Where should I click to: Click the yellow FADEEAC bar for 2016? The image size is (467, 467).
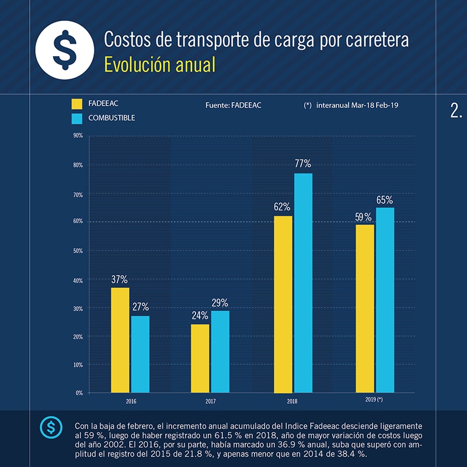tap(120, 340)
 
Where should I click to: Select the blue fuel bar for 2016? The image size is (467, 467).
tap(140, 354)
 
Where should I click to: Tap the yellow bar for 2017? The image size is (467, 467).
tap(200, 358)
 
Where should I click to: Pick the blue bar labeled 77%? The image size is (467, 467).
tap(303, 283)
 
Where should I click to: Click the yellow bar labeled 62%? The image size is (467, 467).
tap(283, 304)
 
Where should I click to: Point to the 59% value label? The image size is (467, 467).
tap(363, 217)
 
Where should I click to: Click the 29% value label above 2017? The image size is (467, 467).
tap(220, 303)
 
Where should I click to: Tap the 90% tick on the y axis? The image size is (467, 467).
tap(78, 136)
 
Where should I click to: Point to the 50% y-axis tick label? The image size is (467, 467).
tap(78, 250)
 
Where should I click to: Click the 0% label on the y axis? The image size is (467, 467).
tap(79, 393)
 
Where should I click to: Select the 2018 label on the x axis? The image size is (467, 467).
tap(292, 402)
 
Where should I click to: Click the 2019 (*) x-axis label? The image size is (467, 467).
tap(373, 400)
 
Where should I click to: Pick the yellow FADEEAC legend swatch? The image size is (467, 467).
tap(76, 104)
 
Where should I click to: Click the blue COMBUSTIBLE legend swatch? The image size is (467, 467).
tap(76, 119)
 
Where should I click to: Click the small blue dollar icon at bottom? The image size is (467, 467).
tap(50, 428)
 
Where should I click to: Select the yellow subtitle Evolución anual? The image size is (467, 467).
tap(159, 65)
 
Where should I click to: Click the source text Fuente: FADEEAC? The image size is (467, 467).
tap(233, 105)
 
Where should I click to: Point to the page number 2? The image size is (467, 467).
tap(456, 111)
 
